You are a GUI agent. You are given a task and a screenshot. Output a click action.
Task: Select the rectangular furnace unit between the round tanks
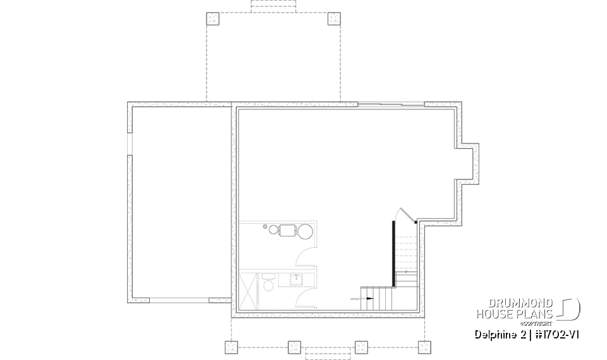point(288,230)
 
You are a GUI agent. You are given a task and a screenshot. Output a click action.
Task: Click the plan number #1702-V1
point(556,334)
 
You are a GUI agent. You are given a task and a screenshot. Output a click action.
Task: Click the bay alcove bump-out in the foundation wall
point(468,161)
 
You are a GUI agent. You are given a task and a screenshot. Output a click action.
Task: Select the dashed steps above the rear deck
point(273,6)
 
